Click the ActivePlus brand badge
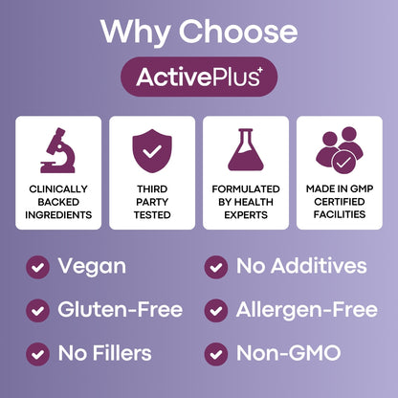click(198, 77)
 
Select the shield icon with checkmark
click(151, 148)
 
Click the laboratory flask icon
click(245, 148)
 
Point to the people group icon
click(339, 148)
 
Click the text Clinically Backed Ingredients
click(58, 202)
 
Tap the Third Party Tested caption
click(151, 202)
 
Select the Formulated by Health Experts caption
click(245, 202)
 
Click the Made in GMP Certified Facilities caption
click(339, 202)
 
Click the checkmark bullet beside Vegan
click(37, 267)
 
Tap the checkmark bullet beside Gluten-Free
click(37, 310)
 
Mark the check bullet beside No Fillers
click(37, 354)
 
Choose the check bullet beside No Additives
click(216, 267)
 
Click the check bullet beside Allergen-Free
click(216, 310)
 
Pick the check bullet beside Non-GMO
click(216, 354)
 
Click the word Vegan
click(92, 266)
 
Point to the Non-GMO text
click(289, 354)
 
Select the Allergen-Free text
click(306, 310)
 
